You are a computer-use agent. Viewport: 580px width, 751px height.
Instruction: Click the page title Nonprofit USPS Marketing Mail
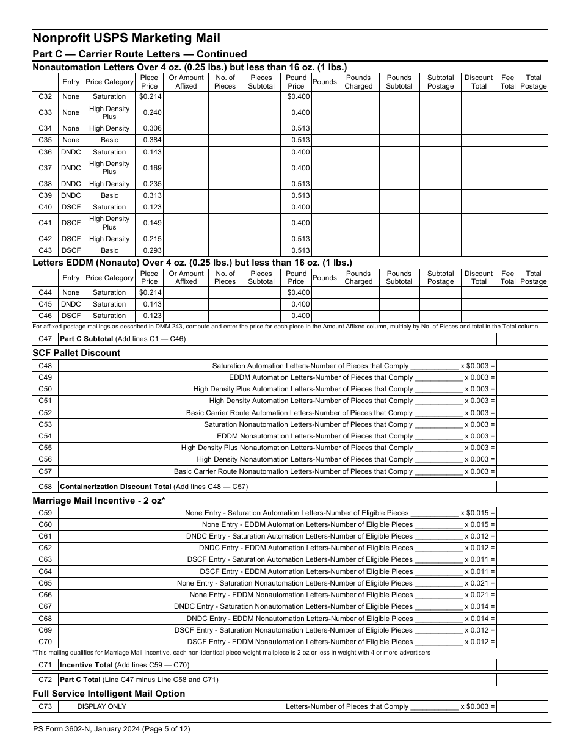point(126,38)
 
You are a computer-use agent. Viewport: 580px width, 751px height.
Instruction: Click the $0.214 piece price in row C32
point(150,96)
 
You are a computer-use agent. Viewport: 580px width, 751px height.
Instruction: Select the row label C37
point(45,168)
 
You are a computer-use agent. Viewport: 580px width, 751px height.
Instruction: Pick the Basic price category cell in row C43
point(109,250)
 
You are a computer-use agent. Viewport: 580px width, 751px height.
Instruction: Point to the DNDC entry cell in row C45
point(71,304)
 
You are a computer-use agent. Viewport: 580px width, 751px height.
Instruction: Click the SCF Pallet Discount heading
point(76,353)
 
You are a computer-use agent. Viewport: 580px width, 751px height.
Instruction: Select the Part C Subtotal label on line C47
point(86,339)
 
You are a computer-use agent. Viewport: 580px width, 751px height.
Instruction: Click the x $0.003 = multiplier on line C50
point(479,389)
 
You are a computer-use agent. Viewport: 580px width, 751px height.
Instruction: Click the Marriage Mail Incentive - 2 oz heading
point(99,501)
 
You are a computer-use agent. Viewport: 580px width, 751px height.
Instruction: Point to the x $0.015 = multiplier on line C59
point(477,513)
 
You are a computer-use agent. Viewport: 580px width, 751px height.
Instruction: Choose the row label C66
point(45,595)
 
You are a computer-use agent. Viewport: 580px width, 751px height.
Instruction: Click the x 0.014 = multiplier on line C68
point(479,619)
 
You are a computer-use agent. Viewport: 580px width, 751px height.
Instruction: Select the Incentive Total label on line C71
point(86,665)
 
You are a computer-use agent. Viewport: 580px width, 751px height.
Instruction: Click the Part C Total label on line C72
point(83,679)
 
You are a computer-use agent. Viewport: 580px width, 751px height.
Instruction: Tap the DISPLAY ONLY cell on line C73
point(101,706)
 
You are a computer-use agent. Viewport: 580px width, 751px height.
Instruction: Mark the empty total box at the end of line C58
point(521,487)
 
